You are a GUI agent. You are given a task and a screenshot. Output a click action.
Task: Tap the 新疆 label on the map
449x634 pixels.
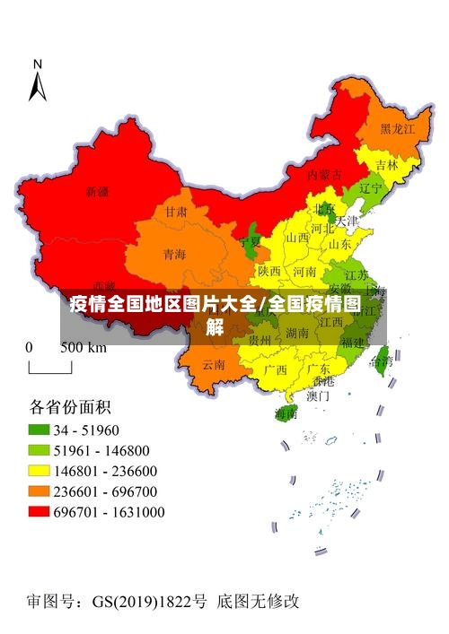(x=97, y=192)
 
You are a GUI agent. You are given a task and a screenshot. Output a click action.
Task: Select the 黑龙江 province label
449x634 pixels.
(x=397, y=130)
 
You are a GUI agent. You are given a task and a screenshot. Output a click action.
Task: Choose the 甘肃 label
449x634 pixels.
(x=175, y=213)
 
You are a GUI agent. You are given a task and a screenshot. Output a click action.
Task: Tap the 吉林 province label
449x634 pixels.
(x=387, y=165)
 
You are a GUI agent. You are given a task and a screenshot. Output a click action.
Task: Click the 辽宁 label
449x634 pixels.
(x=370, y=189)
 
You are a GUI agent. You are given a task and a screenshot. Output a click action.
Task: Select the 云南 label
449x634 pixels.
(x=214, y=364)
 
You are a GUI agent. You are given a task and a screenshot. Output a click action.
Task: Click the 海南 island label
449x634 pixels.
(x=286, y=413)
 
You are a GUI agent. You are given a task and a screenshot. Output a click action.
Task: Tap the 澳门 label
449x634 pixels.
(x=318, y=395)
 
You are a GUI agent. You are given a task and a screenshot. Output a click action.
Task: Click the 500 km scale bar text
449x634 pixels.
(x=83, y=347)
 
